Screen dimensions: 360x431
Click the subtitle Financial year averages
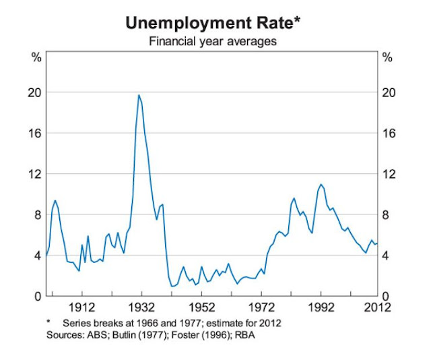(213, 42)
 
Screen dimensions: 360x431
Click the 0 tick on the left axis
(38, 297)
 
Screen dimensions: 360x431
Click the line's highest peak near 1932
(139, 95)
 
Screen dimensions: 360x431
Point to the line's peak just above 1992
(321, 184)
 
